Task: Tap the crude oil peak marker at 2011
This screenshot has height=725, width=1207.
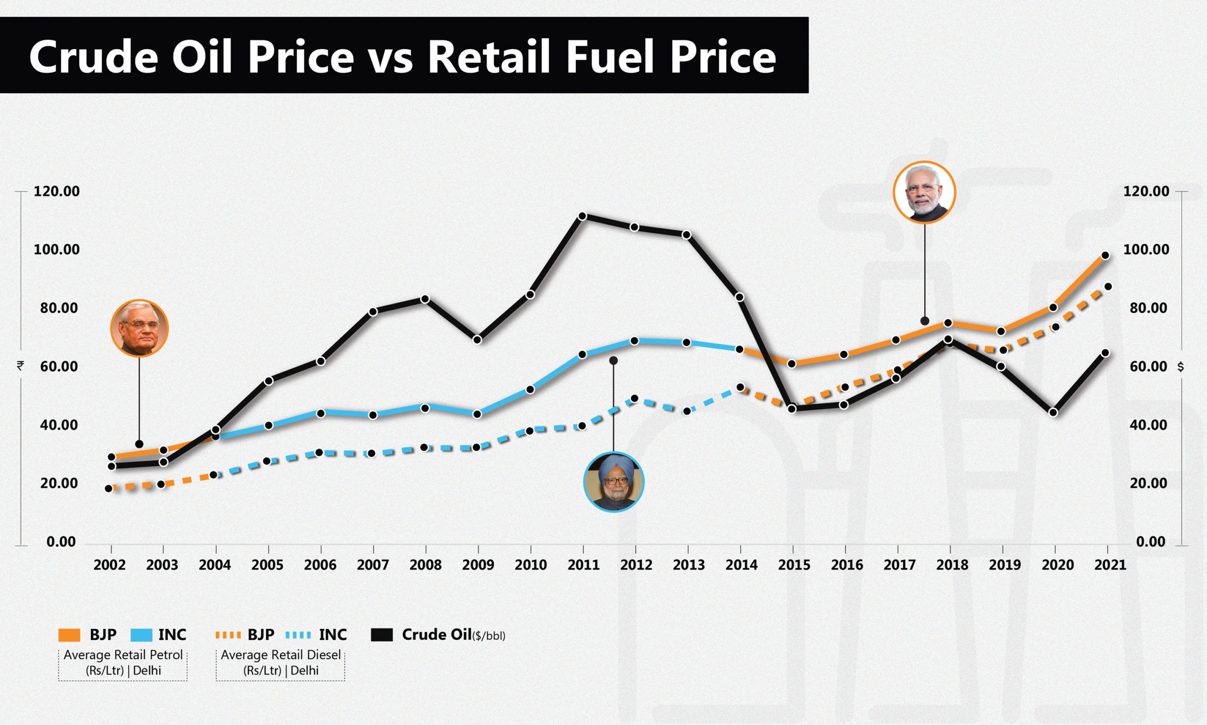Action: [582, 216]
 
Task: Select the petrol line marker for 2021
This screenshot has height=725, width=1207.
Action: [1105, 255]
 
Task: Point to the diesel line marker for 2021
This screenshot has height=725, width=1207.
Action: [1108, 287]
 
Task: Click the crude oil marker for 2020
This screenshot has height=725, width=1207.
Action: [1053, 412]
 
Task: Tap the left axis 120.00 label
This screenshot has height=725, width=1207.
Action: [57, 191]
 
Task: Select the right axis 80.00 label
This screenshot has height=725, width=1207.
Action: [1146, 308]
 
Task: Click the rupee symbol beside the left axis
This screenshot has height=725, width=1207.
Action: [20, 365]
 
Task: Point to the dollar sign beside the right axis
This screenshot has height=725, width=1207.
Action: [1181, 367]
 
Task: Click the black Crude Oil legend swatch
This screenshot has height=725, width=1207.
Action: [381, 635]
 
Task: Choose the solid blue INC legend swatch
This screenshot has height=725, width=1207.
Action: [142, 635]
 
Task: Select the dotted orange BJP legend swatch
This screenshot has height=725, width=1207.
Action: [228, 635]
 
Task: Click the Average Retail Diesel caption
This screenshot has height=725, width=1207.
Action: [281, 655]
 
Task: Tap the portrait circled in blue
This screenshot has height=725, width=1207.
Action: [614, 482]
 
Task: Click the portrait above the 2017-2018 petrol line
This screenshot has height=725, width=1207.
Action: [924, 192]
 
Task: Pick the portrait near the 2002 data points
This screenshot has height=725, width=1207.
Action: [139, 328]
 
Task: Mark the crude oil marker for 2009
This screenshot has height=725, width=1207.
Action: [478, 339]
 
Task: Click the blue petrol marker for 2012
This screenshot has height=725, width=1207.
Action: [634, 341]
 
